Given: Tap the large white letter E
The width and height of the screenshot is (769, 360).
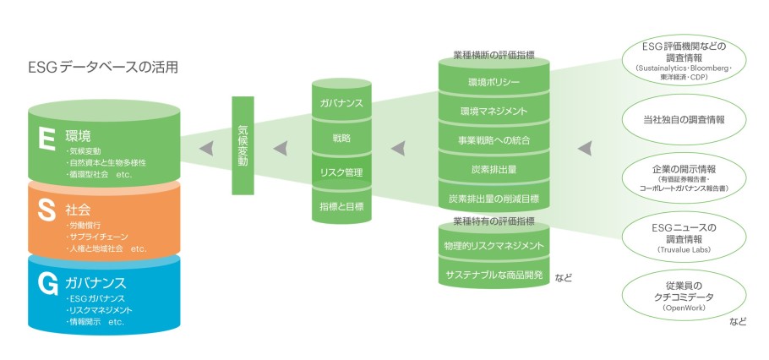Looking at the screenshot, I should pyautogui.click(x=48, y=138).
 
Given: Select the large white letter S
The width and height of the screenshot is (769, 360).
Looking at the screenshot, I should pyautogui.click(x=47, y=211).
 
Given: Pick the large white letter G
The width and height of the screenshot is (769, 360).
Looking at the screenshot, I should pyautogui.click(x=48, y=283).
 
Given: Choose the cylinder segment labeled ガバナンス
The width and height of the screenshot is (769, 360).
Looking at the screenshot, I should pyautogui.click(x=341, y=102).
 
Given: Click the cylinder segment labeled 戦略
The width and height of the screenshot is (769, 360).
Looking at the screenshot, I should pyautogui.click(x=341, y=137).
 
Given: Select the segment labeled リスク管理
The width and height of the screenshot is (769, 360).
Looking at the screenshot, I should pyautogui.click(x=341, y=172).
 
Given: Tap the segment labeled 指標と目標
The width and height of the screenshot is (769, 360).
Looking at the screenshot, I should pyautogui.click(x=341, y=205).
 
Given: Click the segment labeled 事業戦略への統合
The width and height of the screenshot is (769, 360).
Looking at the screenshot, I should pyautogui.click(x=494, y=140).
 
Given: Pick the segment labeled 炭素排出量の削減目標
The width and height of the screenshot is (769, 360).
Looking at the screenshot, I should pyautogui.click(x=494, y=199).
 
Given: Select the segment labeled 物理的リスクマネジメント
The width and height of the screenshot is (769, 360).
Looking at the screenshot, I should pyautogui.click(x=494, y=245).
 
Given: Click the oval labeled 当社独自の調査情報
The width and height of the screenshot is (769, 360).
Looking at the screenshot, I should pyautogui.click(x=683, y=119).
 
